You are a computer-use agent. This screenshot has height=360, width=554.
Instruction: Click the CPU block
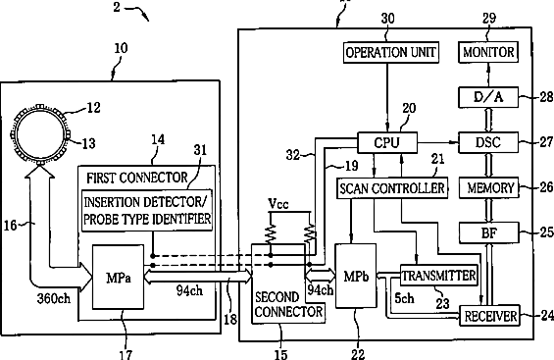pyautogui.click(x=387, y=142)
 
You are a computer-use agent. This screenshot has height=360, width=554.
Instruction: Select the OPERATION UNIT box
pyautogui.click(x=391, y=52)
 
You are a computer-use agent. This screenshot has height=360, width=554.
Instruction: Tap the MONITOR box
pyautogui.click(x=488, y=52)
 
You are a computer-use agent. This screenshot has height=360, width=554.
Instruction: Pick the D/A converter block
pyautogui.click(x=488, y=97)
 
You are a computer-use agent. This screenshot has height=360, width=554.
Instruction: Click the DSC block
pyautogui.click(x=488, y=142)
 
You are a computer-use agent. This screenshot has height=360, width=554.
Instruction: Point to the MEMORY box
pyautogui.click(x=488, y=187)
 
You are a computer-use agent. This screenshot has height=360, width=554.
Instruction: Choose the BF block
pyautogui.click(x=489, y=232)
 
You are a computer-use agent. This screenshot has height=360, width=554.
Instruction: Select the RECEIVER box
pyautogui.click(x=489, y=315)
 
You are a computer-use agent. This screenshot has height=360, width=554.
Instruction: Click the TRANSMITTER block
pyautogui.click(x=439, y=276)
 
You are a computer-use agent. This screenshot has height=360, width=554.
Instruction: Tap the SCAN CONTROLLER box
pyautogui.click(x=392, y=188)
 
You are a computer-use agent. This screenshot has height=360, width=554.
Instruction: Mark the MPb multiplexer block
pyautogui.click(x=356, y=276)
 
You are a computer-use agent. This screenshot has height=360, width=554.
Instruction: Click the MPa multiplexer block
pyautogui.click(x=118, y=277)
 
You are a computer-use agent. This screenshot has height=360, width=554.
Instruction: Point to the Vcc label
pyautogui.click(x=278, y=204)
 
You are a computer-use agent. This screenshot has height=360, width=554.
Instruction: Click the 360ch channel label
pyautogui.click(x=54, y=298)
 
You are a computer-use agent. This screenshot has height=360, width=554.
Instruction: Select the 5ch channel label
pyautogui.click(x=404, y=298)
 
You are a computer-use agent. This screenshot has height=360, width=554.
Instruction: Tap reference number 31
pyautogui.click(x=200, y=150)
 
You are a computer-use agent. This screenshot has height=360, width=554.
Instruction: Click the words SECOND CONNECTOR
pyautogui.click(x=288, y=304)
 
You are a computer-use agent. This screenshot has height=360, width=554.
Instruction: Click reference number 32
pyautogui.click(x=293, y=155)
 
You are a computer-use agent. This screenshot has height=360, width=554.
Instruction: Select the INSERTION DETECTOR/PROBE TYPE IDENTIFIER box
pyautogui.click(x=147, y=211)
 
